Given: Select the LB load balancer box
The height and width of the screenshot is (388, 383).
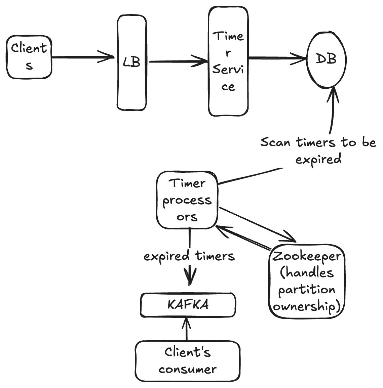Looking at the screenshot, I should point(132,62).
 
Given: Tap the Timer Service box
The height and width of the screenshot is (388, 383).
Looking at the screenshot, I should point(228,61).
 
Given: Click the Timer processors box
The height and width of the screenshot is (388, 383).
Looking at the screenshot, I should point(187,200).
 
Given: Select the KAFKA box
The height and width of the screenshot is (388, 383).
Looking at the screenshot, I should point(188,305).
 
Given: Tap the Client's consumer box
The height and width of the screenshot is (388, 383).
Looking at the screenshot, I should point(188,361).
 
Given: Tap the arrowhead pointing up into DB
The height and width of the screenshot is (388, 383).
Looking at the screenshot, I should point(334,93).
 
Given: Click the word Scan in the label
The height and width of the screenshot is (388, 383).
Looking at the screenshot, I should point(275,142).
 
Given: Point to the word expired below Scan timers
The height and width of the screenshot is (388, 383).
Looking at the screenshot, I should point(318,159).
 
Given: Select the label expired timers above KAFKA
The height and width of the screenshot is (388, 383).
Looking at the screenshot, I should point(189,256).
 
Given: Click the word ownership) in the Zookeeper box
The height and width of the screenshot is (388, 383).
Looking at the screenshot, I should point(306,306).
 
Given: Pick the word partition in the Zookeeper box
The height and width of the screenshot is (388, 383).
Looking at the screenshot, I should point(307,290).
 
